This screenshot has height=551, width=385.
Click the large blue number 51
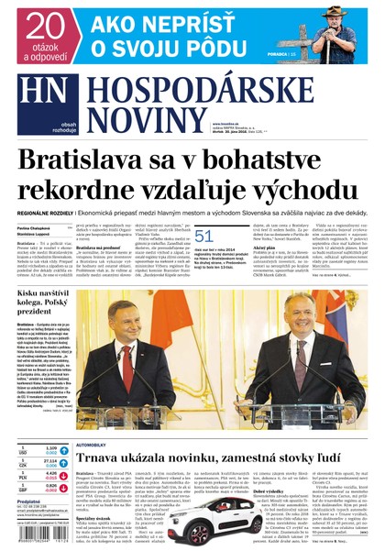click(x=203, y=237)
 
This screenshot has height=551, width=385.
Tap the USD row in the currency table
click(x=38, y=450)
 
